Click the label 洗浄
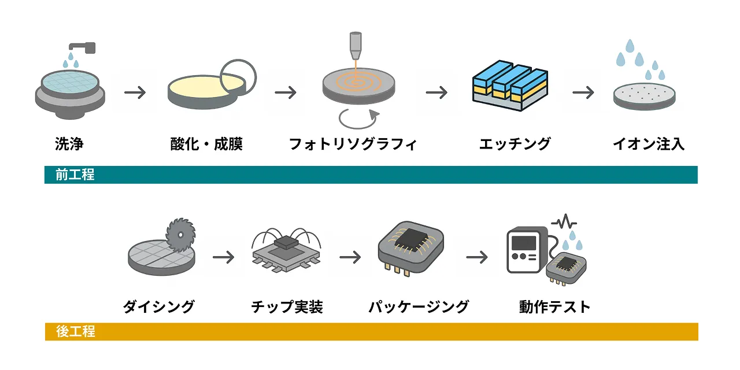coord(69,144)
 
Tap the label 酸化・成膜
coord(206,144)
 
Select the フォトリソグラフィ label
coord(353,144)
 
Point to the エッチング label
coord(515,144)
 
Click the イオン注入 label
coord(649,144)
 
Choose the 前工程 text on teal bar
coord(75,175)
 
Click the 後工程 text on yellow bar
coord(76,331)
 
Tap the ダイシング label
coord(159,307)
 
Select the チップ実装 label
coord(287,307)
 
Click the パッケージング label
coord(419,307)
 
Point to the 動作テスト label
coord(554,307)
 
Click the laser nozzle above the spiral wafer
coord(356,46)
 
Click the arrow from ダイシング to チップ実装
coord(223,257)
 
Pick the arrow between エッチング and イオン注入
coord(583,92)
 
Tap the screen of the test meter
coord(524,243)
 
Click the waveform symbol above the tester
coord(564,223)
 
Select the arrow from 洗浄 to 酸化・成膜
coord(135,92)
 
